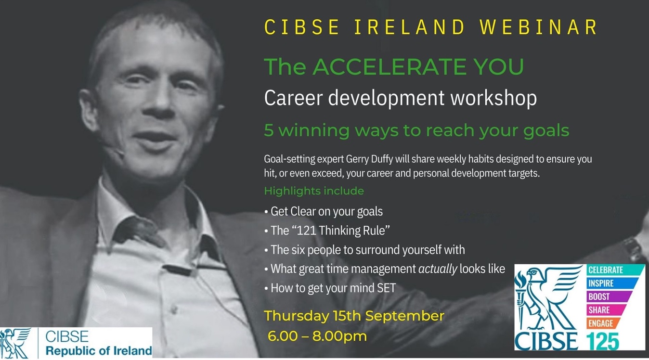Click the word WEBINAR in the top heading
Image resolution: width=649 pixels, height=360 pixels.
point(539,27)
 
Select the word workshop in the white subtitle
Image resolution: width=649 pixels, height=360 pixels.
point(493,98)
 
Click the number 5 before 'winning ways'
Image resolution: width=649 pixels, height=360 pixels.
point(269,130)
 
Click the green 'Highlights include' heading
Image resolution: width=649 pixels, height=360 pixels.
point(314,191)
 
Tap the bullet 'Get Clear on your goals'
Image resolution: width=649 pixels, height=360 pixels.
point(324,212)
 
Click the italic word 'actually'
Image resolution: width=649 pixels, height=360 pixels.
point(438,269)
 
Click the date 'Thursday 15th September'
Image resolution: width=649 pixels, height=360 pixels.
point(354,316)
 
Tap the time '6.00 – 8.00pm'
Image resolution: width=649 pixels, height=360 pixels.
point(317,336)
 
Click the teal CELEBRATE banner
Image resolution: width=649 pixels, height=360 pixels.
point(614,270)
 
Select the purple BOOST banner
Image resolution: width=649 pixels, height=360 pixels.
point(609,296)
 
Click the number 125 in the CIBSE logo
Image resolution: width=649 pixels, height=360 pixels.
point(603,341)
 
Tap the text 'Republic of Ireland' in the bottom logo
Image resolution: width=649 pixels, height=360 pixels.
point(99,350)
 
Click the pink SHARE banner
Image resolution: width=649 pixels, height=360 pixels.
point(606,309)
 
